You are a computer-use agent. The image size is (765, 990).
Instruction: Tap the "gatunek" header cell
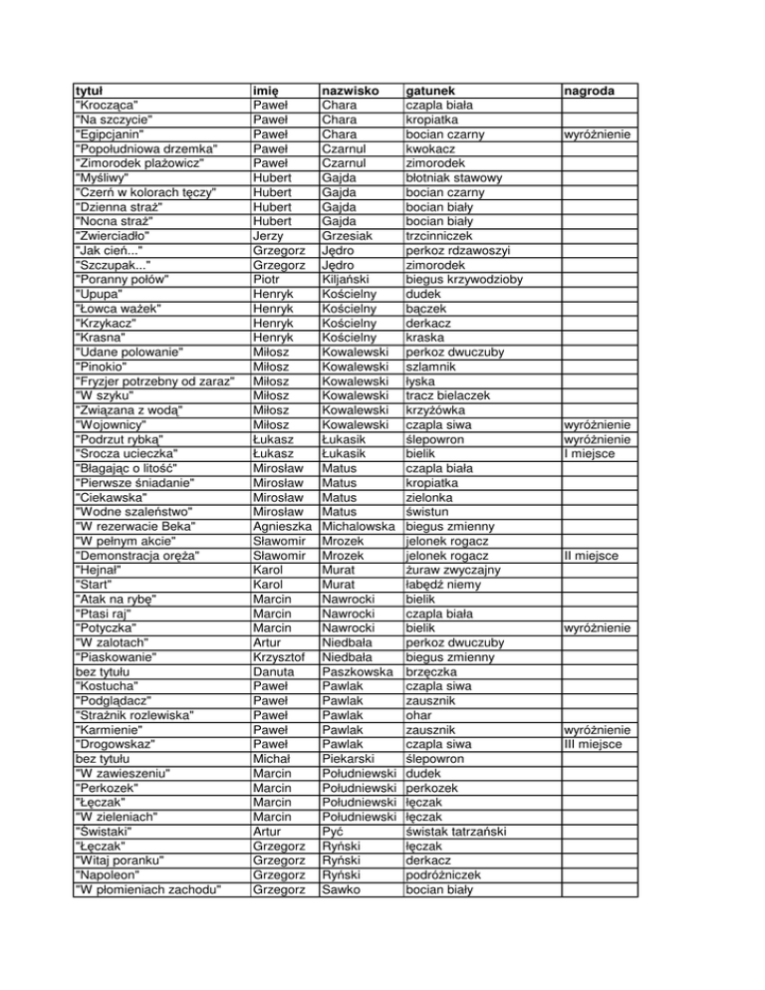coord(437,91)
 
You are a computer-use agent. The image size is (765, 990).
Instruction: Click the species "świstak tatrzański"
coord(458,830)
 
